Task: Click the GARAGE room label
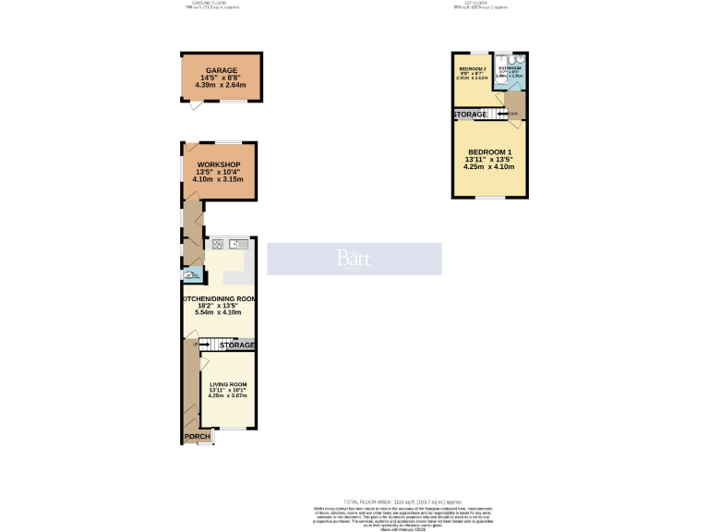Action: [221, 70]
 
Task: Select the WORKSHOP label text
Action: [218, 165]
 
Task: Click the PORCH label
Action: [197, 437]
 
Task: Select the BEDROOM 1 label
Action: [489, 152]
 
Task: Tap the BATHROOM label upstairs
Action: [511, 68]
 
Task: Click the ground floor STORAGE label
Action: [237, 345]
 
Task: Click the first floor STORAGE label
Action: [470, 115]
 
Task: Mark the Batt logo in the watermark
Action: [354, 259]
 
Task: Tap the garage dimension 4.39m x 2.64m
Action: [221, 85]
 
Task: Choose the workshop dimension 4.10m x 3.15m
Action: [218, 180]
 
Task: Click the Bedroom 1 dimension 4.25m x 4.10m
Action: [489, 167]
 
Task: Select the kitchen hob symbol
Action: [218, 244]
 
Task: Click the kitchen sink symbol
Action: [236, 244]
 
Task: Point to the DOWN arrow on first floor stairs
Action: [511, 115]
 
